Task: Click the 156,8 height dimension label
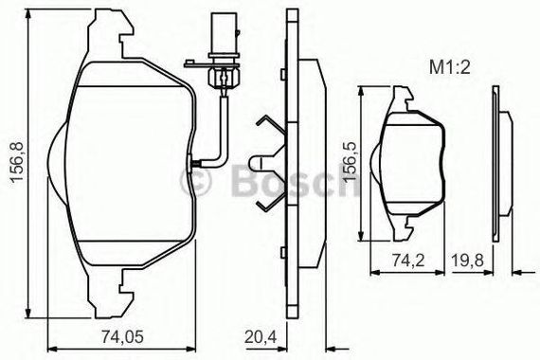(16, 161)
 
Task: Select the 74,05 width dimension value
(122, 336)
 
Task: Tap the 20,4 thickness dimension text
(261, 336)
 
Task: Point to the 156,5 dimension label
(352, 162)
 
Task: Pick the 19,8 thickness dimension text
(468, 260)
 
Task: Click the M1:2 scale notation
(449, 67)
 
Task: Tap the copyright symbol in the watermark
(195, 180)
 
